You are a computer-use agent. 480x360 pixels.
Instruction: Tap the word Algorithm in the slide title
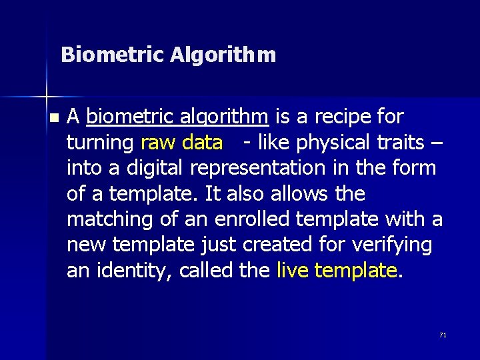[223, 55]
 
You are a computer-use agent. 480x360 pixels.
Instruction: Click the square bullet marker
[54, 117]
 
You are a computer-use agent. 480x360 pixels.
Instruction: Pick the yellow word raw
[157, 143]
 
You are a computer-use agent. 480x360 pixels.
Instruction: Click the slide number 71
[443, 335]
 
